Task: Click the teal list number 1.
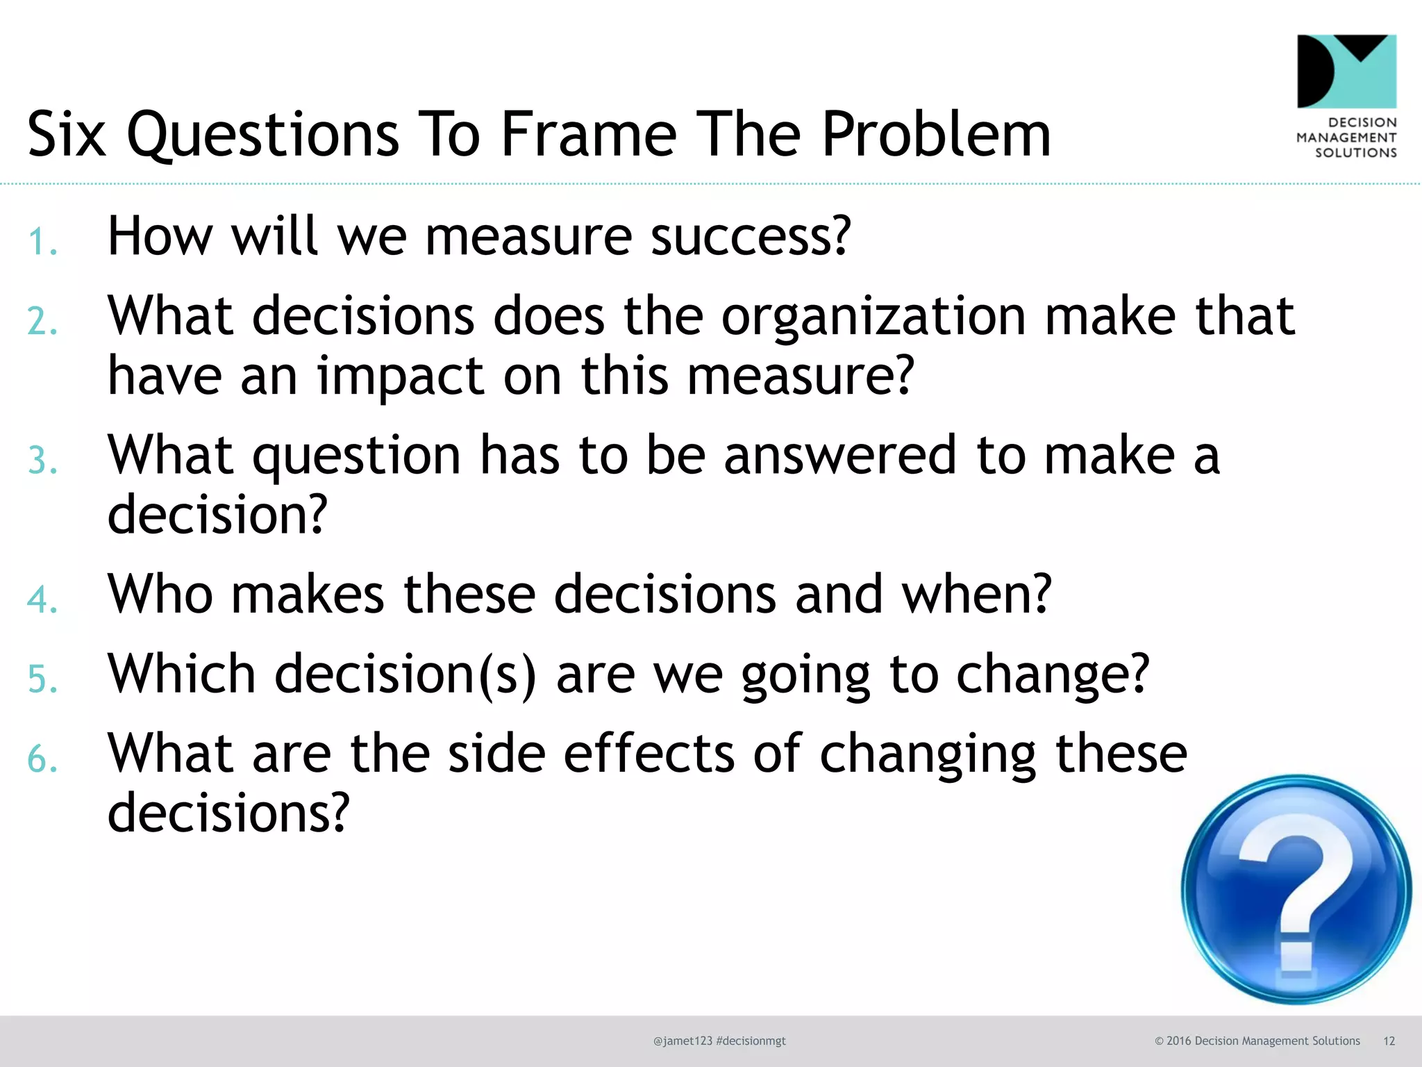pyautogui.click(x=42, y=242)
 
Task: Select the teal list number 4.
pyautogui.click(x=42, y=599)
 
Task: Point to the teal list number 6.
pyautogui.click(x=42, y=759)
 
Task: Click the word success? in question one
pyautogui.click(x=751, y=237)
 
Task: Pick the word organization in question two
pyautogui.click(x=873, y=317)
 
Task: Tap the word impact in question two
pyautogui.click(x=401, y=377)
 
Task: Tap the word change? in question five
pyautogui.click(x=1053, y=675)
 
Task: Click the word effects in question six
pyautogui.click(x=649, y=754)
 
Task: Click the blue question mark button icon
pyautogui.click(x=1296, y=889)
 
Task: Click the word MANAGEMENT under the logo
pyautogui.click(x=1346, y=138)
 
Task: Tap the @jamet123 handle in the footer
pyautogui.click(x=683, y=1041)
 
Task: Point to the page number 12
pyautogui.click(x=1389, y=1041)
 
